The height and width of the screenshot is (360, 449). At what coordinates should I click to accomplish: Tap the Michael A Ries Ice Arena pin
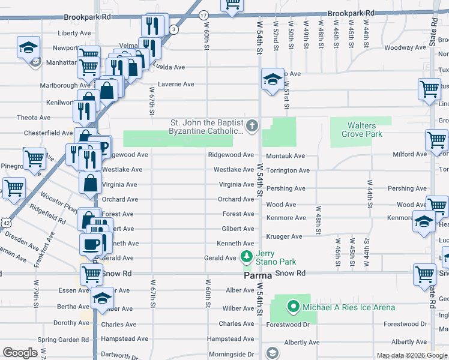pos(294,307)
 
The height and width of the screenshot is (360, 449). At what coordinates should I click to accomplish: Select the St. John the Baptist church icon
pos(253,126)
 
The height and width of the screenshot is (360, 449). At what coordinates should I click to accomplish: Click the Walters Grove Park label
pos(365,130)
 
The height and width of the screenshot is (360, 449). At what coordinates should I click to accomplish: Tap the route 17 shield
pos(204,14)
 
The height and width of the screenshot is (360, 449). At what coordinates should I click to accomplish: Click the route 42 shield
pos(5,221)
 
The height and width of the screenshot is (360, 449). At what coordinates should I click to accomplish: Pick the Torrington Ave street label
pos(288,170)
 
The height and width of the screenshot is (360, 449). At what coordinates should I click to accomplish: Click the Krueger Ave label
pos(284,236)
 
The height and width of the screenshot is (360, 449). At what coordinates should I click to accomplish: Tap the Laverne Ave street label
pos(176,85)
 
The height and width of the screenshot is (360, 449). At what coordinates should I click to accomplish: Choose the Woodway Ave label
pos(405,47)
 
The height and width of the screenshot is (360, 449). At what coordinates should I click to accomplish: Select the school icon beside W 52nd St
pos(271,79)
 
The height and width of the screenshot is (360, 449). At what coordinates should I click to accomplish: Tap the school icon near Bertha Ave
pos(102,298)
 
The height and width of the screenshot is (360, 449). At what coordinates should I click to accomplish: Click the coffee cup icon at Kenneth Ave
pos(91,244)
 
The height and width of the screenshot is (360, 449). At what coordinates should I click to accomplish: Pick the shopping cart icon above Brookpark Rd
pos(232,5)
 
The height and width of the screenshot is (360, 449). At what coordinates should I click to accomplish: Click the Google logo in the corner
pos(20,353)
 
